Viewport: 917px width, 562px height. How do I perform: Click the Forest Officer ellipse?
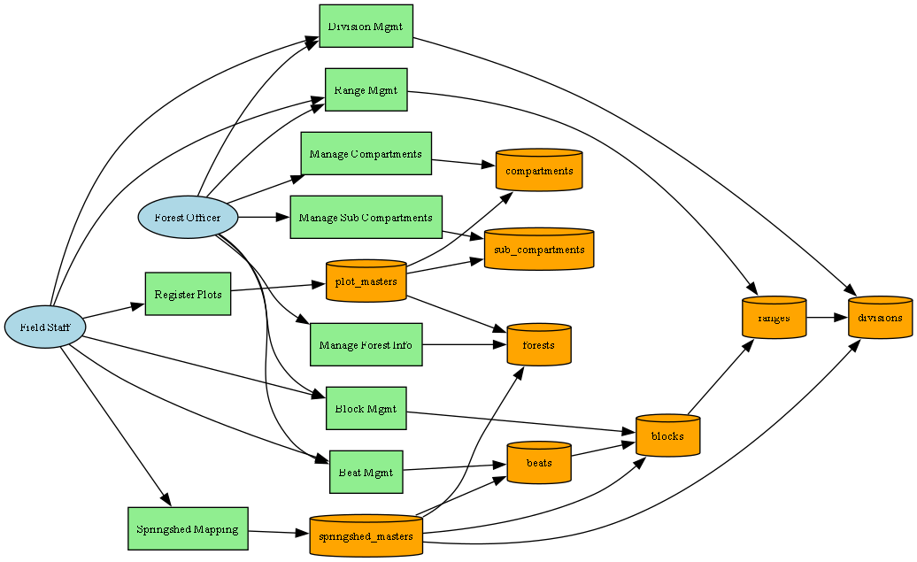pos(189,217)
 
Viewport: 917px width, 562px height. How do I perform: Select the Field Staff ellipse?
pos(45,327)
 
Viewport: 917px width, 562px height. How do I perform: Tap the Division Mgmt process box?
pos(366,27)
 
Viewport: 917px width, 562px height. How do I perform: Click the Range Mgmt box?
pos(366,89)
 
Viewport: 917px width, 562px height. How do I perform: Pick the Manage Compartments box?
pos(366,154)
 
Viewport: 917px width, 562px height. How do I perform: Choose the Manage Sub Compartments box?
pos(366,217)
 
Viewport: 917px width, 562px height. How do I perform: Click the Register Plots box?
pos(188,294)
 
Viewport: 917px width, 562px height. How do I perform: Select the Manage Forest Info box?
pos(366,344)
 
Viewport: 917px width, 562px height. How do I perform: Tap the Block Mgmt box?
pos(366,408)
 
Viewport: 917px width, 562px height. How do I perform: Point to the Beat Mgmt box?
pos(366,472)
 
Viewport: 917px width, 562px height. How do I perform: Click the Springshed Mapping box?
pos(188,529)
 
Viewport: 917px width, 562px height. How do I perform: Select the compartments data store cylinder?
pos(539,171)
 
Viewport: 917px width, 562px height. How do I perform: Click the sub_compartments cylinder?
pos(539,250)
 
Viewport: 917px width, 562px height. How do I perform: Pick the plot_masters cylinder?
pos(366,281)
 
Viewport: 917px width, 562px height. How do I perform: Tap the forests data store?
pos(539,344)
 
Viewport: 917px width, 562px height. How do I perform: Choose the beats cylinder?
pos(539,463)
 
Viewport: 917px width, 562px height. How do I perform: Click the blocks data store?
pos(667,435)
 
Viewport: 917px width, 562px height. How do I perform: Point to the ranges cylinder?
pos(774,317)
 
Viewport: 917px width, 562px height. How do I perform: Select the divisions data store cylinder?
pos(880,317)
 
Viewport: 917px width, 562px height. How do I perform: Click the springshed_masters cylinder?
pos(366,535)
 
